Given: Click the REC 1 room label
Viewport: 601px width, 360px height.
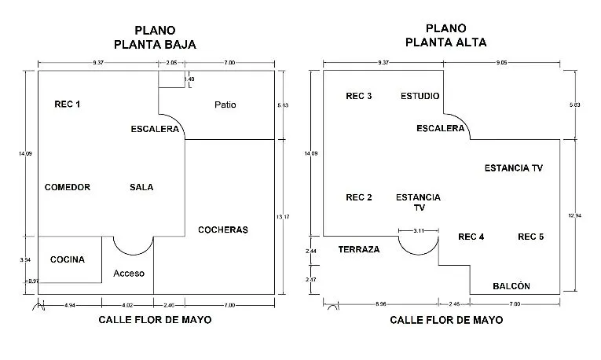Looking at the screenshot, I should tap(68, 104).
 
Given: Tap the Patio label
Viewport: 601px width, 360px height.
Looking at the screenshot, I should tap(225, 105).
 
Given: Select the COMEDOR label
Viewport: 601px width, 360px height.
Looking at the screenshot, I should tap(68, 187).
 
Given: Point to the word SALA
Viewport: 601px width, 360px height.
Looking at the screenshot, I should tap(141, 187).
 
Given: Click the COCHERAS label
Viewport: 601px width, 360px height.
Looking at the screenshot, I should tap(222, 230).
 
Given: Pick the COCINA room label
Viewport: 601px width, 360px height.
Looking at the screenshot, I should tap(68, 259).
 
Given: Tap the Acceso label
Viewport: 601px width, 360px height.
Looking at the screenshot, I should tap(129, 274).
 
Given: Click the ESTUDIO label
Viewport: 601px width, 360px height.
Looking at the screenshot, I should tap(420, 96).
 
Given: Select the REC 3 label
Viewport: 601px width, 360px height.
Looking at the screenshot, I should tap(359, 96).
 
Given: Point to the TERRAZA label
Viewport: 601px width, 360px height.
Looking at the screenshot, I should tap(359, 249).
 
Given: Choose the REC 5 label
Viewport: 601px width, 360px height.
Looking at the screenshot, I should tap(531, 237).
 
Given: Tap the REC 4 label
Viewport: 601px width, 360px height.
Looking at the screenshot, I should tap(471, 237).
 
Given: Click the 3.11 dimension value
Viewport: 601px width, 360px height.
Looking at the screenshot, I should tap(419, 230).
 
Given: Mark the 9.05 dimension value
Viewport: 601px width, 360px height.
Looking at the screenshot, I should tap(500, 61).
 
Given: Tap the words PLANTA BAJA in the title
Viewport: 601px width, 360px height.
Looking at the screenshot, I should tap(155, 45).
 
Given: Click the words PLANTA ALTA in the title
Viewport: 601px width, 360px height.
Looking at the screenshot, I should tap(446, 42).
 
